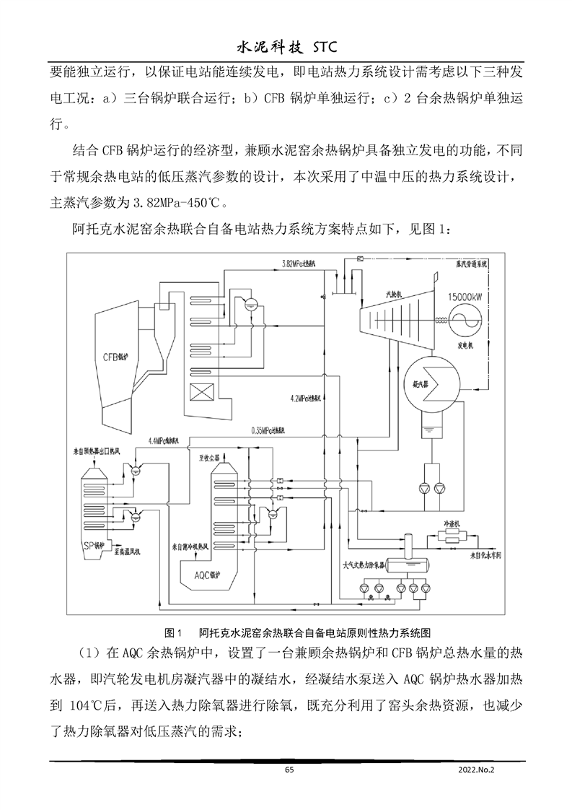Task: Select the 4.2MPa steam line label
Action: coord(308,399)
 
